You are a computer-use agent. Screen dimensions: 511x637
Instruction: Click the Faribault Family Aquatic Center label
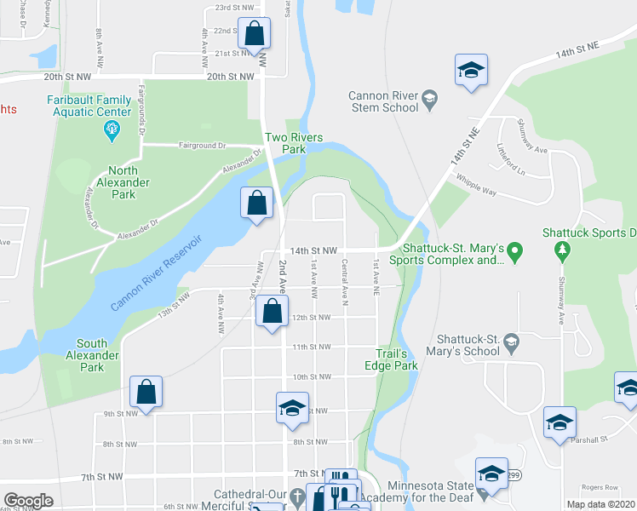(x=89, y=106)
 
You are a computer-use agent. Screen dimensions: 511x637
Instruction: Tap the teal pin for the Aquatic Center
(x=111, y=130)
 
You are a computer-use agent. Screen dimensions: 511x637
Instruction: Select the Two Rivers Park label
(x=295, y=143)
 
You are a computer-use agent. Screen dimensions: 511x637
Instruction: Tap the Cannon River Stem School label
(x=384, y=101)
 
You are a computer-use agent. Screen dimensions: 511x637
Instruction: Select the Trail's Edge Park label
(x=397, y=359)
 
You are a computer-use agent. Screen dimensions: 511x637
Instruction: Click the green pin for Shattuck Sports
(x=561, y=250)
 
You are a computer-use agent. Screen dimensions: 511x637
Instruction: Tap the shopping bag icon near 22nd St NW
(x=255, y=36)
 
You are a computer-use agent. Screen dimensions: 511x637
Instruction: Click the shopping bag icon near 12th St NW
(x=272, y=312)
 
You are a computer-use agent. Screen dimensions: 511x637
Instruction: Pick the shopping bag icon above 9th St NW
(x=146, y=393)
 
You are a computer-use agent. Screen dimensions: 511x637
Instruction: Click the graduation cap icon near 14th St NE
(x=470, y=71)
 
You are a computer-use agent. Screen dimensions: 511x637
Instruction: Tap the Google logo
(x=28, y=501)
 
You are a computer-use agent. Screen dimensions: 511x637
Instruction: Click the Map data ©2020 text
(x=601, y=504)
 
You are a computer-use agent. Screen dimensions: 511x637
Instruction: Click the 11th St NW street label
(x=312, y=347)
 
